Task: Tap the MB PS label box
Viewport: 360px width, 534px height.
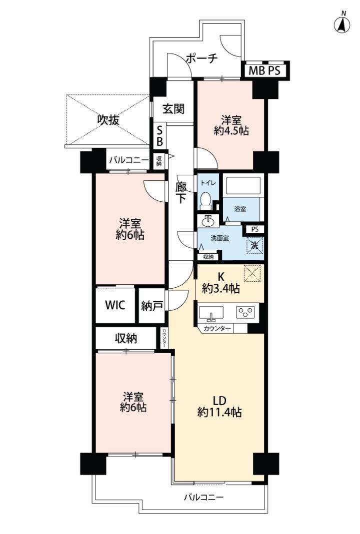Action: (265, 71)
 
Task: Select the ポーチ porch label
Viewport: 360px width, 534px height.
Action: (201, 58)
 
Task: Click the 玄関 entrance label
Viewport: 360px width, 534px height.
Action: (173, 109)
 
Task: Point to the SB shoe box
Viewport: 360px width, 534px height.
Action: (159, 135)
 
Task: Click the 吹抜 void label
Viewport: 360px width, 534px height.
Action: (108, 119)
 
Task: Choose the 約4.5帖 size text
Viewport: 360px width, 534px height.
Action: (231, 131)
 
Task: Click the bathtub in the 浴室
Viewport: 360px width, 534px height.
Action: (243, 186)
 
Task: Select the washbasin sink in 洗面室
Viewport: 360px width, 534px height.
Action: (208, 221)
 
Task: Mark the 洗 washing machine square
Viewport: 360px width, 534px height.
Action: (254, 245)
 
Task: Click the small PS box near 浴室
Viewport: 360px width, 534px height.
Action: (254, 230)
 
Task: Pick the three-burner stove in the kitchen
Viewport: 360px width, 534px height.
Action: (245, 312)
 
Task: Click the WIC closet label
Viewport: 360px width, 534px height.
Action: (115, 305)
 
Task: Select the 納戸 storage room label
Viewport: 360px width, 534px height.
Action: (151, 306)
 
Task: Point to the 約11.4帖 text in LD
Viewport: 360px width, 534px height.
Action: (219, 413)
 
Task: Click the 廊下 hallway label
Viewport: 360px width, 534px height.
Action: (180, 193)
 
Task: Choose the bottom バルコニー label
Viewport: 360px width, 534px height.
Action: (204, 498)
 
